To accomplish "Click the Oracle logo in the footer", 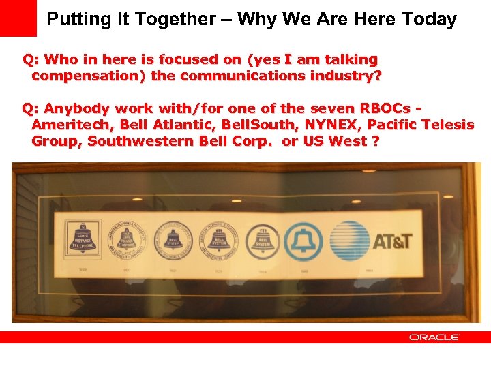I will [434, 337].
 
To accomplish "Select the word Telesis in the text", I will [447, 125].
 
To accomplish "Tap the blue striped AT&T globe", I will [351, 241].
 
